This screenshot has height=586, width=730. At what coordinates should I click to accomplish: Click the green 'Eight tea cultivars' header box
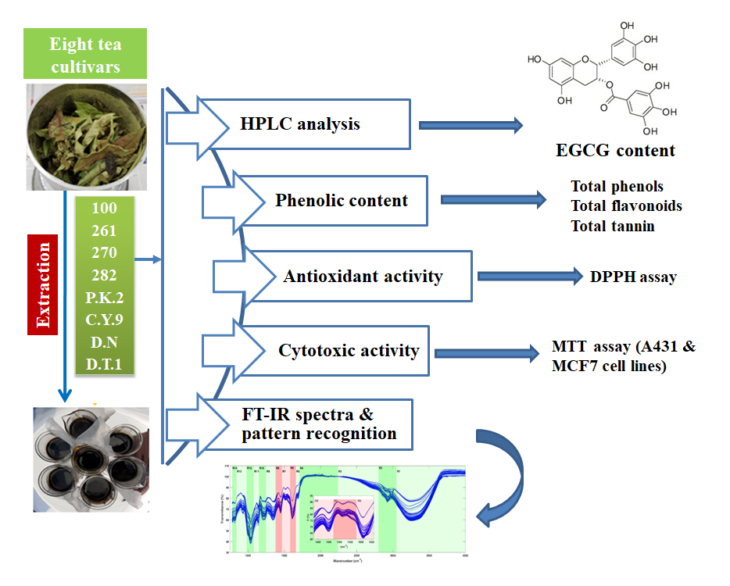[85, 55]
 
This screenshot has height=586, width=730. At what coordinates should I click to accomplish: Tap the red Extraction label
[46, 284]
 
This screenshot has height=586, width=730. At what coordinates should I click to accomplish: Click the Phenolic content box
[341, 201]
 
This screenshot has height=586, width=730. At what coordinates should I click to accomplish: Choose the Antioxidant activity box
[363, 277]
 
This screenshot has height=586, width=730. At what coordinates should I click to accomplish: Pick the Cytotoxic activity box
[349, 351]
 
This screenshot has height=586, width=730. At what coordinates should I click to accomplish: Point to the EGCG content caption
[616, 151]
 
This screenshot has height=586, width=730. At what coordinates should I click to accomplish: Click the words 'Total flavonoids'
[626, 206]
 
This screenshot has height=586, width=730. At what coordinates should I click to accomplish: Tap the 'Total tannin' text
[613, 227]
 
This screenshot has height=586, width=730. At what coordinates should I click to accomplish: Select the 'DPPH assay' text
[633, 277]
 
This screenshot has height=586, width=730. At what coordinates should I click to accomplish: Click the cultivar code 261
[103, 231]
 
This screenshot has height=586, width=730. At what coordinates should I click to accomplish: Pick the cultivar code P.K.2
[103, 298]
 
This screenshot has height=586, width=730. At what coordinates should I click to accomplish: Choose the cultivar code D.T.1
[103, 364]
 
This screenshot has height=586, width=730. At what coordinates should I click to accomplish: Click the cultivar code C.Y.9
[103, 320]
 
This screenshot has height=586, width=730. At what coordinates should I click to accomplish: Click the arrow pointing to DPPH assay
[530, 276]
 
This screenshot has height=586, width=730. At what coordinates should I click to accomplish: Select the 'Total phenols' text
[617, 187]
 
